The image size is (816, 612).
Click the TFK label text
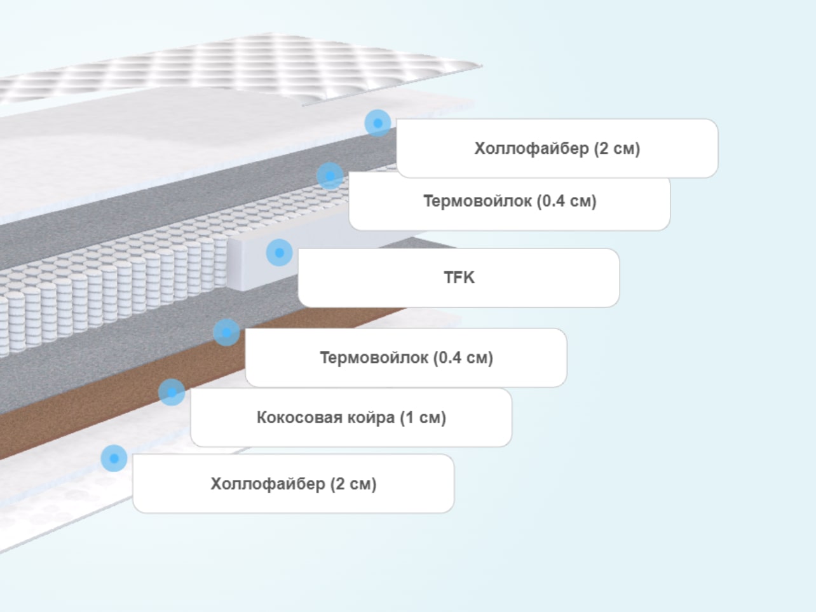(x=459, y=278)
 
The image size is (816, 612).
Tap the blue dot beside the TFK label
(x=279, y=253)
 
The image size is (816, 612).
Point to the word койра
(x=371, y=418)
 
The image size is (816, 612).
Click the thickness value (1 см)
(x=423, y=418)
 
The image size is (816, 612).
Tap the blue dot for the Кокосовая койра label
(x=172, y=392)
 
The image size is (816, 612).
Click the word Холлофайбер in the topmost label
(x=532, y=149)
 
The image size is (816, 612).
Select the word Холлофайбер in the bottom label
(x=268, y=484)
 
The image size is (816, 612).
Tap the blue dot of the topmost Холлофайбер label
(x=377, y=123)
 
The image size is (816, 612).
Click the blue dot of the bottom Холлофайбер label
(x=114, y=458)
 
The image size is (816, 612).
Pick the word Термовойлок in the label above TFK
(x=478, y=201)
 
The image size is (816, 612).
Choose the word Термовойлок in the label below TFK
(x=374, y=357)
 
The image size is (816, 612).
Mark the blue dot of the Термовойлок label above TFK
(x=330, y=176)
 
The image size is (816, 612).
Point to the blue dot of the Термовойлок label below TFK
(x=226, y=332)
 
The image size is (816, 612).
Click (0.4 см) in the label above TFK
(x=566, y=201)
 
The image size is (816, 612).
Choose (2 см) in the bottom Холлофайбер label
(x=353, y=484)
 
